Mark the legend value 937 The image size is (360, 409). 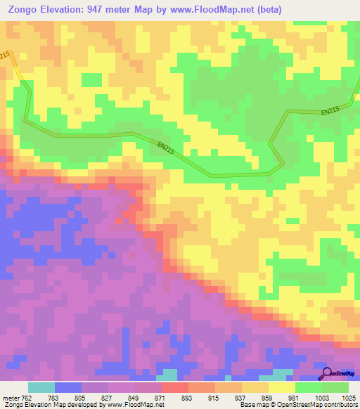tap(241, 397)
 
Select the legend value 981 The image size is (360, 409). tap(295, 397)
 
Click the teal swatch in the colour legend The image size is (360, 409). tap(41, 387)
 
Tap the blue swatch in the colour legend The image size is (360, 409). tap(68, 387)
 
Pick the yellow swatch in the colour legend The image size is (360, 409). tap(282, 387)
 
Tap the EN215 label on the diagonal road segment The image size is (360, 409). tap(166, 148)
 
